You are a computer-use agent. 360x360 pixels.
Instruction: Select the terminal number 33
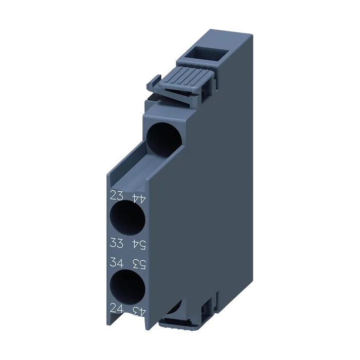pyautogui.click(x=117, y=242)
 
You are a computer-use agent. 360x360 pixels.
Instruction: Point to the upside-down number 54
pyautogui.click(x=139, y=245)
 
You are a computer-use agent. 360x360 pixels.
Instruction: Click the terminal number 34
pyautogui.click(x=117, y=262)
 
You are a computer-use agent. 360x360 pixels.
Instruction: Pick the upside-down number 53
pyautogui.click(x=139, y=264)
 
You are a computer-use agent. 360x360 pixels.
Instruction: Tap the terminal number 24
pyautogui.click(x=117, y=308)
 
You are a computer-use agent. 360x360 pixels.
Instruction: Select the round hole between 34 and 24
pyautogui.click(x=128, y=287)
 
